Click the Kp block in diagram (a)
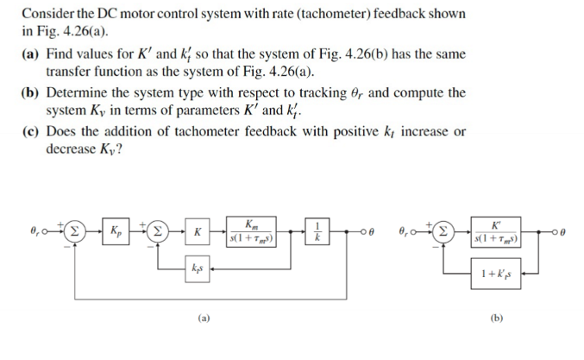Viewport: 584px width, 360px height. click(x=116, y=232)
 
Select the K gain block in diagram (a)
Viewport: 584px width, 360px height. click(x=198, y=232)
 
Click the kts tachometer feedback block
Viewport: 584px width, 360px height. click(x=197, y=270)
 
